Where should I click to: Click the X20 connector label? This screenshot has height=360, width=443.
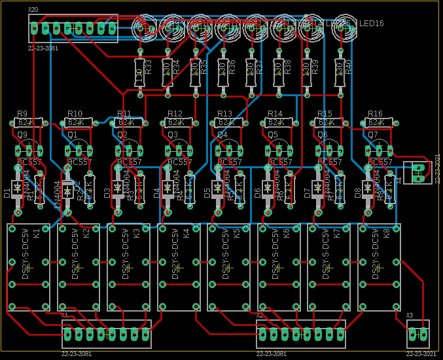pos(33,10)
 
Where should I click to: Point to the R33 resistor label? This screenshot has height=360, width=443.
pos(149,67)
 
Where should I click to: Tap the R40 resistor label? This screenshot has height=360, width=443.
pos(348,67)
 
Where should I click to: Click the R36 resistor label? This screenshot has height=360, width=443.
pos(232,67)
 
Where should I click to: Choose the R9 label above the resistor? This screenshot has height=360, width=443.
pos(22,113)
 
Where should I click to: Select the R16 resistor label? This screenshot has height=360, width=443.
pos(375,113)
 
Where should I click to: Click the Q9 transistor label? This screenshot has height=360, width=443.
pos(22,135)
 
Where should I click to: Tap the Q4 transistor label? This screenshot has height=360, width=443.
pos(222,135)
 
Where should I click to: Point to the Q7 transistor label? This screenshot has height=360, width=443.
pos(372,135)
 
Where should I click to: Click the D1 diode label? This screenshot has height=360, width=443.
pos(7,193)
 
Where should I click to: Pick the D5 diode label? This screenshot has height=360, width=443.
pos(207,193)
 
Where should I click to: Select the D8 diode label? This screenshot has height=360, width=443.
pos(357,193)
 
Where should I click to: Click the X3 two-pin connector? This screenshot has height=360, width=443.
pos(418,334)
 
